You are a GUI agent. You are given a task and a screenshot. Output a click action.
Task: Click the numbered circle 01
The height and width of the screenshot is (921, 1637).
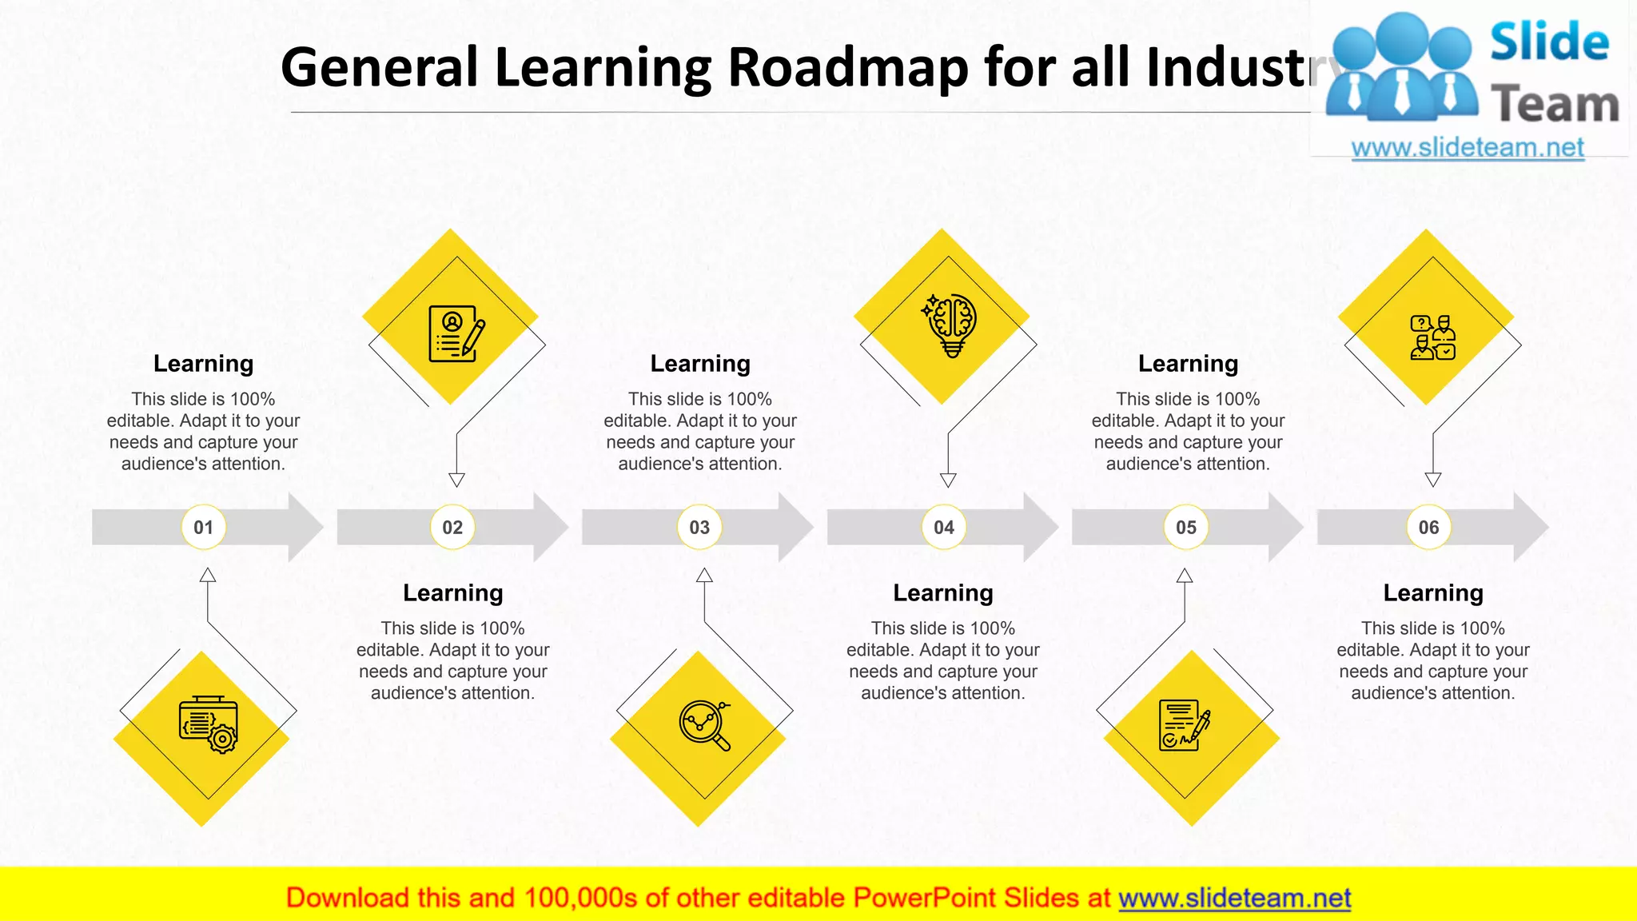click(x=204, y=528)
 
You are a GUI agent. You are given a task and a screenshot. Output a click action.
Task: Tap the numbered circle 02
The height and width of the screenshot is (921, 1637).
click(x=452, y=528)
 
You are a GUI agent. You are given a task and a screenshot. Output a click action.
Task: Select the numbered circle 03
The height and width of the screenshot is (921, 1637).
click(x=699, y=528)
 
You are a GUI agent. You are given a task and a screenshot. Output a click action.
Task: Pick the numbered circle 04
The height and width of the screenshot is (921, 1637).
click(x=944, y=528)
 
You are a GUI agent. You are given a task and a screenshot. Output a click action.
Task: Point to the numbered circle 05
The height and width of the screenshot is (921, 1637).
click(x=1186, y=528)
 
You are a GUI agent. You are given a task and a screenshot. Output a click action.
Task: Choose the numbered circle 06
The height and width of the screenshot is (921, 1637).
click(x=1428, y=528)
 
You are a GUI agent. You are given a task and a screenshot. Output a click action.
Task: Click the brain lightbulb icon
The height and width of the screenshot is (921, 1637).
click(x=950, y=325)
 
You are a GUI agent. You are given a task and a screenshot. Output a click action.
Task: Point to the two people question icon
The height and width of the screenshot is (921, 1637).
click(x=1432, y=337)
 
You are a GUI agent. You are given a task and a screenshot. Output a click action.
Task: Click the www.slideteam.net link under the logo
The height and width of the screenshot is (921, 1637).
click(x=1468, y=148)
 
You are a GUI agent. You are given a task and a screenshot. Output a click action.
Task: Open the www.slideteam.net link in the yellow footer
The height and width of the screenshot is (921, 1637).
click(x=1234, y=898)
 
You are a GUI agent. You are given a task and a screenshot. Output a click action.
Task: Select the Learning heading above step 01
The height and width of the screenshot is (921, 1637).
click(x=203, y=364)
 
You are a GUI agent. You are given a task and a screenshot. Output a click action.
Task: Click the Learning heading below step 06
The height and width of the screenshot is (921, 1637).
click(x=1433, y=593)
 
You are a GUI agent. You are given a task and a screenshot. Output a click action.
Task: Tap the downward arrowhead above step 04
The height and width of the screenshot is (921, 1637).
click(x=948, y=480)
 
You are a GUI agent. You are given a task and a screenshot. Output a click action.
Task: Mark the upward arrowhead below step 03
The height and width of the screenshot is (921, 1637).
click(x=704, y=575)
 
